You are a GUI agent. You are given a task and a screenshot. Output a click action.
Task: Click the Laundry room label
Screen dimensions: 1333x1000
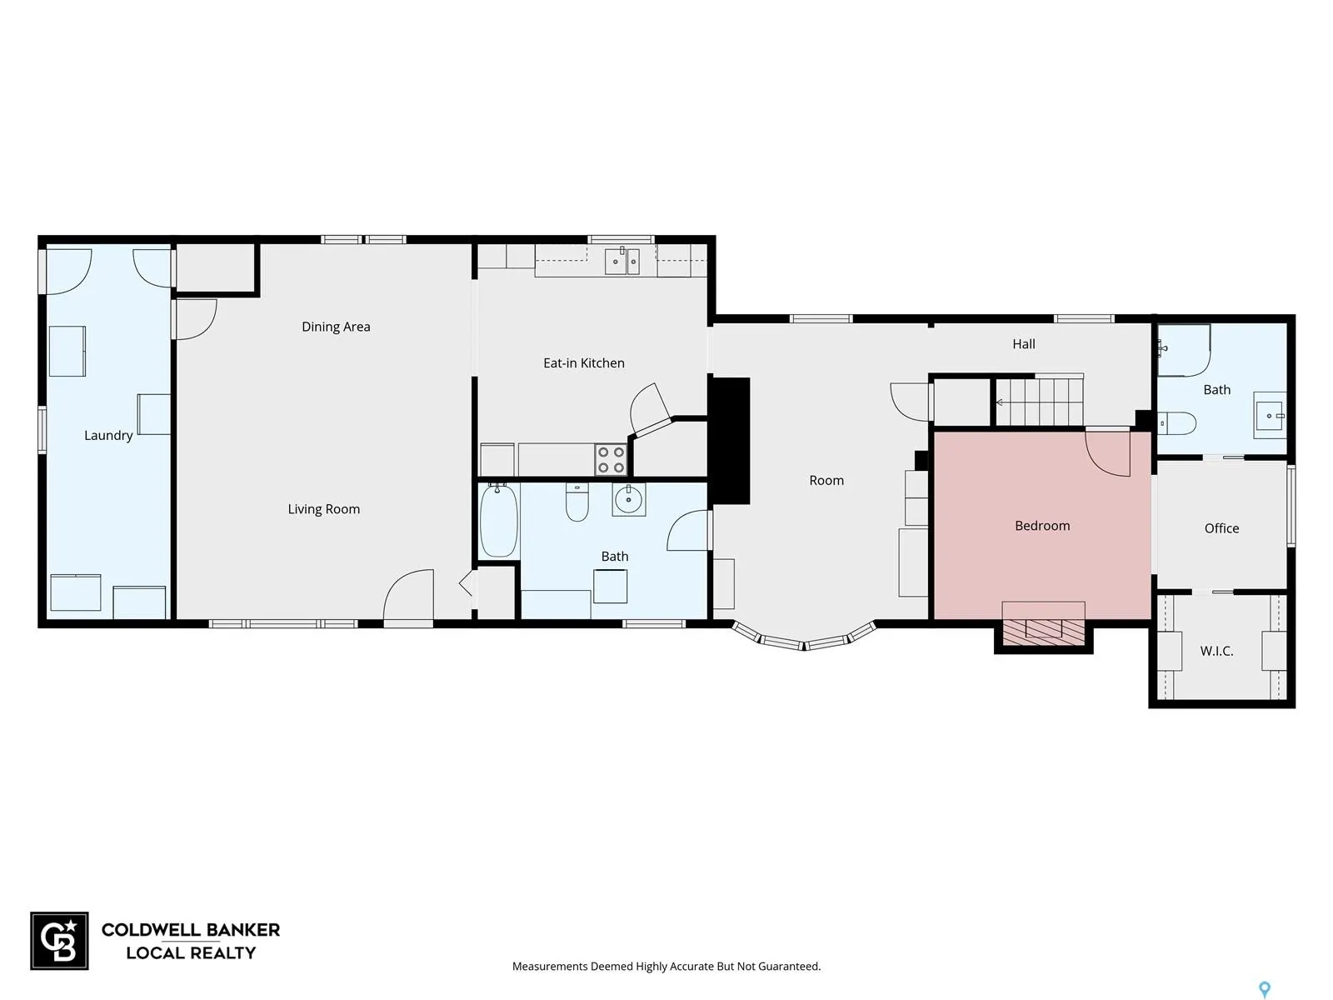tap(108, 435)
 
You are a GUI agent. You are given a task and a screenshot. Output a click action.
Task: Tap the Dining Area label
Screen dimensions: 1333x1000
tap(336, 327)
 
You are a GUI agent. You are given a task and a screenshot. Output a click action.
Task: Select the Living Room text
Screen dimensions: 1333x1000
tap(324, 509)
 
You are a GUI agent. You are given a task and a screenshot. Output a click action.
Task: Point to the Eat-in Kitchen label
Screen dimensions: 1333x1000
tap(584, 363)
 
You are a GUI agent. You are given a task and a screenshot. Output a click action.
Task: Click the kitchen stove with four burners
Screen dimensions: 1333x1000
tap(611, 460)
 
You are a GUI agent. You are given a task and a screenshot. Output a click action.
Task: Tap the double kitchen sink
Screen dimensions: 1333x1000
tap(622, 261)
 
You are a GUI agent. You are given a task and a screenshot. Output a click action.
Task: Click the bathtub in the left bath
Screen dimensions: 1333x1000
tap(498, 520)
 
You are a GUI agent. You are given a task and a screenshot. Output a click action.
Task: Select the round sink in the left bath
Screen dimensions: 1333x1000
tap(628, 500)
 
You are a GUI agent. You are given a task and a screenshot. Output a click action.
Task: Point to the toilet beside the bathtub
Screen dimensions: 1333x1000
tap(577, 502)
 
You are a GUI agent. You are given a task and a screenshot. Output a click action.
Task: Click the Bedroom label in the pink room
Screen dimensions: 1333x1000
tap(1042, 526)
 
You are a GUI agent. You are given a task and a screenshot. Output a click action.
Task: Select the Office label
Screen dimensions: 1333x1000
tap(1221, 528)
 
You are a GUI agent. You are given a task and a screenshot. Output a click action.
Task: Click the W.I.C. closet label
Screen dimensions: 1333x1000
tap(1216, 652)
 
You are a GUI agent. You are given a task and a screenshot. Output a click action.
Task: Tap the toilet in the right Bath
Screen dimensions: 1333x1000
tap(1177, 423)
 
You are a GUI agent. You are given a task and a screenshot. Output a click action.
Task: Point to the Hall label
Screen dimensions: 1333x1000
tap(1023, 344)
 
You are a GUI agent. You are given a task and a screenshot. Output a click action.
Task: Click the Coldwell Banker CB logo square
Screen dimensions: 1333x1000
tap(59, 941)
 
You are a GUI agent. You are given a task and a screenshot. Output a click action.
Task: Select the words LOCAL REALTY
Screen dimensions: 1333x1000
tap(191, 953)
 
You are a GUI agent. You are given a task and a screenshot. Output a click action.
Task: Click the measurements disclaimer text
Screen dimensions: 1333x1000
tap(666, 967)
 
